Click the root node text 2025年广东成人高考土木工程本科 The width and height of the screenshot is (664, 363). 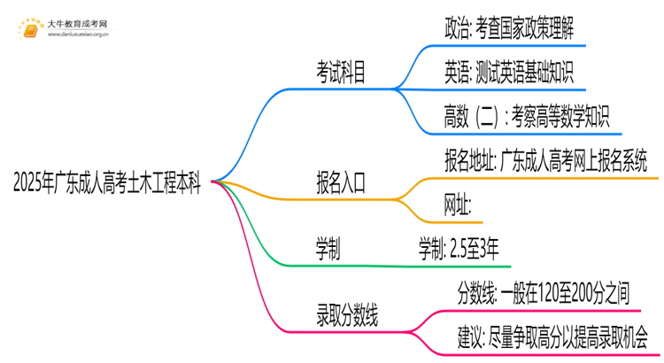click(x=106, y=185)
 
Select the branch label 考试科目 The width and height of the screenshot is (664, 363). click(x=341, y=73)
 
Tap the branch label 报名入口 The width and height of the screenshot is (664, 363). click(x=341, y=184)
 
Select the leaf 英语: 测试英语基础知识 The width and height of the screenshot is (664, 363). click(x=508, y=72)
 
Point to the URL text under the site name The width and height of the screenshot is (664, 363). click(x=79, y=35)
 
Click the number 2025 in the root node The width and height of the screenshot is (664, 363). click(x=33, y=185)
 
